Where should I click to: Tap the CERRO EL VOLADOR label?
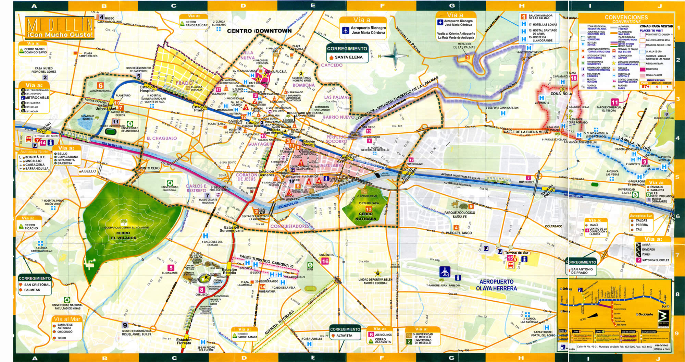tap(123, 236)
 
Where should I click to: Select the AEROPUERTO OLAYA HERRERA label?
tap(496, 285)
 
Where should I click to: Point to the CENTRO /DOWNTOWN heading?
tap(259, 31)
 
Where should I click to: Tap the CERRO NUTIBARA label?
tap(365, 216)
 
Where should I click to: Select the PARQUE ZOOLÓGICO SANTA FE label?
tap(459, 215)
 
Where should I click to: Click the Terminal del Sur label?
tap(516, 253)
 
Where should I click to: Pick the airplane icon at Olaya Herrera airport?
tap(445, 272)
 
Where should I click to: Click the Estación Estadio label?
tap(229, 271)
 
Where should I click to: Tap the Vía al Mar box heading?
tap(67, 319)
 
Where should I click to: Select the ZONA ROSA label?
tap(561, 94)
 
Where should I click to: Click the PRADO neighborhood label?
tap(184, 83)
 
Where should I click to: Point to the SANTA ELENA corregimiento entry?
tap(348, 57)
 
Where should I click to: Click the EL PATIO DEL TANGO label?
tap(456, 233)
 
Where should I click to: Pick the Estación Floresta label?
tap(184, 341)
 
